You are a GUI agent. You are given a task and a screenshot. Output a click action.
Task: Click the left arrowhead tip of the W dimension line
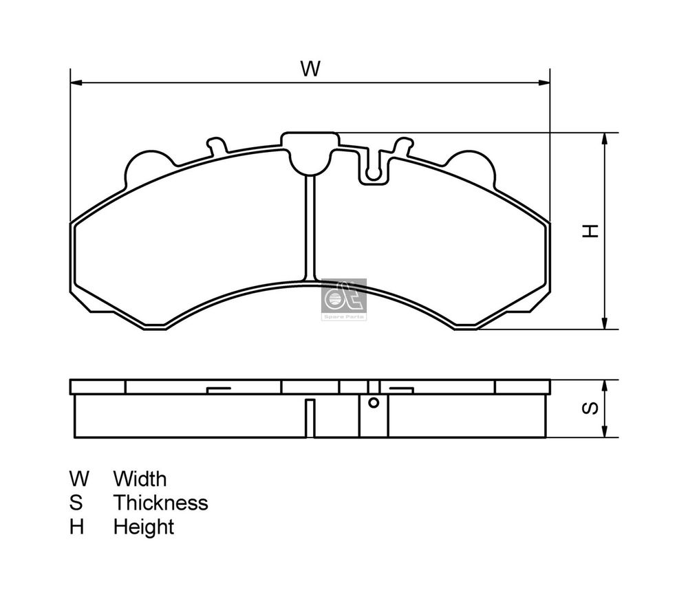click(x=71, y=83)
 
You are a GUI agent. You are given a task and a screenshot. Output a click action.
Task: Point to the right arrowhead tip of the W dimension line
click(x=550, y=83)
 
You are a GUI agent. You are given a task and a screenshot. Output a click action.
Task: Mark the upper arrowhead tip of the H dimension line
click(x=605, y=133)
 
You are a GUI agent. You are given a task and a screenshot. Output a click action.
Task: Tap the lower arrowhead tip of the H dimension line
click(x=605, y=329)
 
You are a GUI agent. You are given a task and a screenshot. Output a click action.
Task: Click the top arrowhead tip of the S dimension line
click(x=605, y=380)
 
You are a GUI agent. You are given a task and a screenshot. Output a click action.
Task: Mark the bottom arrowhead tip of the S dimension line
click(x=605, y=437)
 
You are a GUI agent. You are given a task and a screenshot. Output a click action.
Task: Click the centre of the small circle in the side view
click(x=374, y=402)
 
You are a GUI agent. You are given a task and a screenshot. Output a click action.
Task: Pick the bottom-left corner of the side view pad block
click(x=75, y=437)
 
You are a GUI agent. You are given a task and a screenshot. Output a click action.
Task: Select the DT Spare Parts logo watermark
click(x=344, y=300)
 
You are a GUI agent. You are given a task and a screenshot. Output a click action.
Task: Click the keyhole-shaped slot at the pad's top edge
click(x=374, y=166)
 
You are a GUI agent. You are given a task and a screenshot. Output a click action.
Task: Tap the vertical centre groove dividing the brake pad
click(x=310, y=227)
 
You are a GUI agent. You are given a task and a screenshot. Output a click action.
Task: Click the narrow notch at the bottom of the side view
click(x=310, y=418)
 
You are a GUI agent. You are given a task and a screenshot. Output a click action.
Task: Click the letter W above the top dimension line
click(x=310, y=69)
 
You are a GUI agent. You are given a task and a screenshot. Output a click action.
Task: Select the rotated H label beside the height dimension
click(x=590, y=231)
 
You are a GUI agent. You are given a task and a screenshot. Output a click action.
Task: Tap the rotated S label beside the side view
click(x=590, y=409)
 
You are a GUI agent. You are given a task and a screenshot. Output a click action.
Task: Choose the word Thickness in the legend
click(x=160, y=503)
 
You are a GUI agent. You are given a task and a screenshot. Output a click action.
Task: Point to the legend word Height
click(x=144, y=527)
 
